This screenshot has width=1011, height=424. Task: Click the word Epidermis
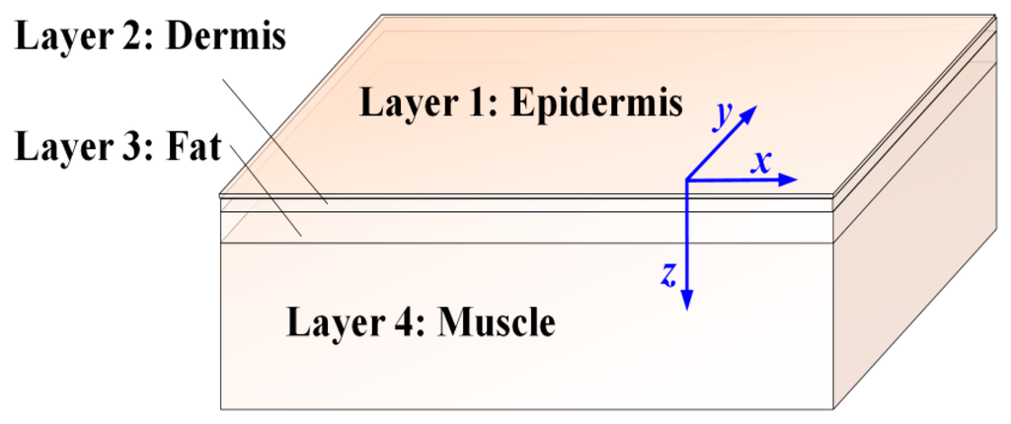pos(595,103)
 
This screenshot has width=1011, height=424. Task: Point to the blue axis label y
pos(724,114)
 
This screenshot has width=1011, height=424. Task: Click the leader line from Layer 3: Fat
pos(267,191)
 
